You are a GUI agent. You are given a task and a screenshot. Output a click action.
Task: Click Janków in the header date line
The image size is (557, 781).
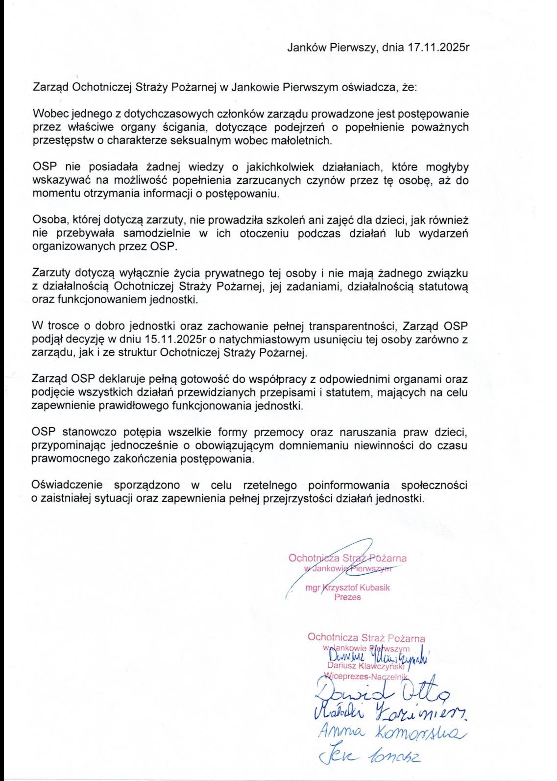[x=303, y=48]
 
